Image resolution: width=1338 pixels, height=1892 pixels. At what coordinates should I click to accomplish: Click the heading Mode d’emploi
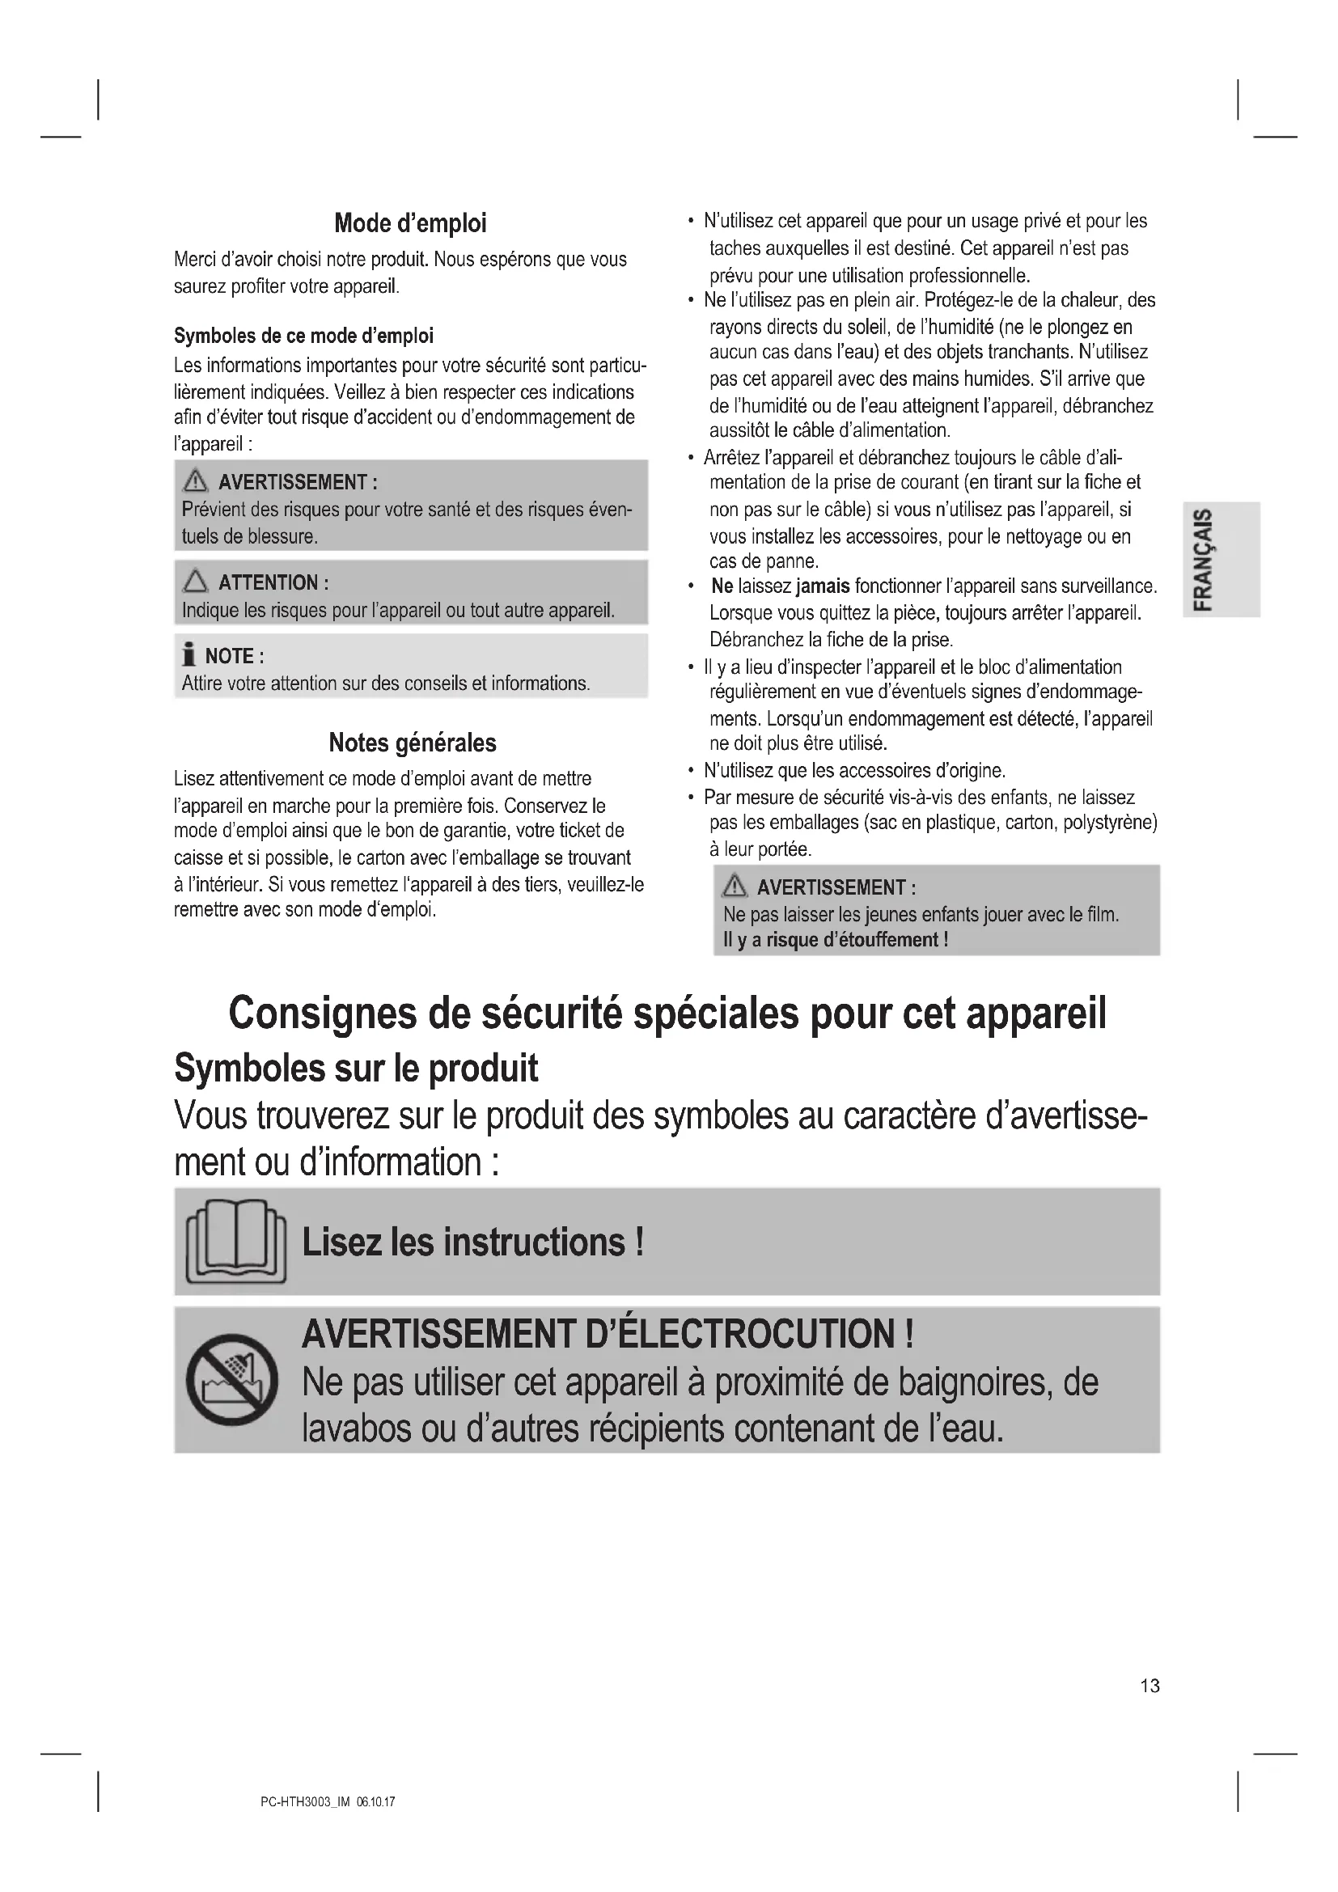pyautogui.click(x=410, y=223)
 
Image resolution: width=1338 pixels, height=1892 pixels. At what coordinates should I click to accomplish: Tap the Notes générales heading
pyautogui.click(x=412, y=743)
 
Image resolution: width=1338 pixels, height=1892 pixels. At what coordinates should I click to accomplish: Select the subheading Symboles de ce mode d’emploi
pyautogui.click(x=303, y=336)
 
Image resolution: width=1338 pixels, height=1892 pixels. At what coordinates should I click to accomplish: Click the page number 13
pyautogui.click(x=1150, y=1686)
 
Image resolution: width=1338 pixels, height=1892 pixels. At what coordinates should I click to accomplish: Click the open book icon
pyautogui.click(x=236, y=1241)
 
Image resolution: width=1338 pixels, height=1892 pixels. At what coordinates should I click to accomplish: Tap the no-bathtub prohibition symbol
pyautogui.click(x=231, y=1378)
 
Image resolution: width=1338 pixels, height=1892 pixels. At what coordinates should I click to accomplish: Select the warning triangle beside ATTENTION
pyautogui.click(x=195, y=582)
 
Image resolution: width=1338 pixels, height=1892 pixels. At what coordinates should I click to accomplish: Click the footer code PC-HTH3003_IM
pyautogui.click(x=305, y=1802)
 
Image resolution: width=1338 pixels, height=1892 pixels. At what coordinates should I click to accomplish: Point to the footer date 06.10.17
pyautogui.click(x=375, y=1802)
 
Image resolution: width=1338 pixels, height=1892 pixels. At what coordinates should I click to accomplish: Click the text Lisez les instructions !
pyautogui.click(x=472, y=1242)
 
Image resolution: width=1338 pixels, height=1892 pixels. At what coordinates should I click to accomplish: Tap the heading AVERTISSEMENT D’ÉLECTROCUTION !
pyautogui.click(x=608, y=1334)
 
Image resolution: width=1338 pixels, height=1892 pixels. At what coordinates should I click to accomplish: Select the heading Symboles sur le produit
pyautogui.click(x=356, y=1069)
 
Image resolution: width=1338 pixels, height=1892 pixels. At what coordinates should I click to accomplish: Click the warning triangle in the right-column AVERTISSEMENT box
pyautogui.click(x=733, y=887)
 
